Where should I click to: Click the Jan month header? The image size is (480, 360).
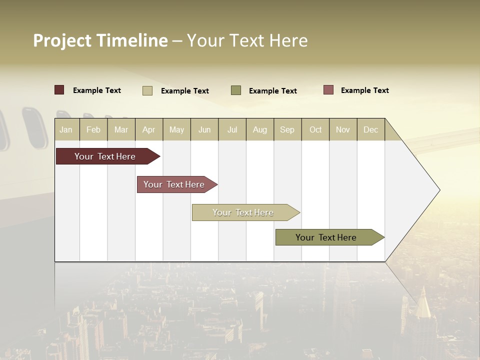[x=66, y=129]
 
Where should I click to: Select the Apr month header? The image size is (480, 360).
[x=148, y=129]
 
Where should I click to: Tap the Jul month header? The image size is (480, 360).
[x=232, y=129]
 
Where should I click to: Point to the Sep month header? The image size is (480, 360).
[x=287, y=129]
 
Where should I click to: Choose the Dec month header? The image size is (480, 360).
[x=370, y=129]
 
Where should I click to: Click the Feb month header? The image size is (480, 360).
[x=93, y=129]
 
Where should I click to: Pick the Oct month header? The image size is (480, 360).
[x=315, y=129]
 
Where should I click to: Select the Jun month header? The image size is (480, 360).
[x=204, y=129]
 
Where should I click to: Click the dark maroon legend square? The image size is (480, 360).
[x=59, y=90]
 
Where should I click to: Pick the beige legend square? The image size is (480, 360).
[x=147, y=90]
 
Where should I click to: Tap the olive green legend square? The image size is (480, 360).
[x=236, y=90]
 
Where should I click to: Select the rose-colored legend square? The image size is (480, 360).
[x=328, y=90]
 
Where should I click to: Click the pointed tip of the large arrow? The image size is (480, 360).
[x=438, y=190]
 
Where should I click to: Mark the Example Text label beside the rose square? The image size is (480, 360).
[x=364, y=90]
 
